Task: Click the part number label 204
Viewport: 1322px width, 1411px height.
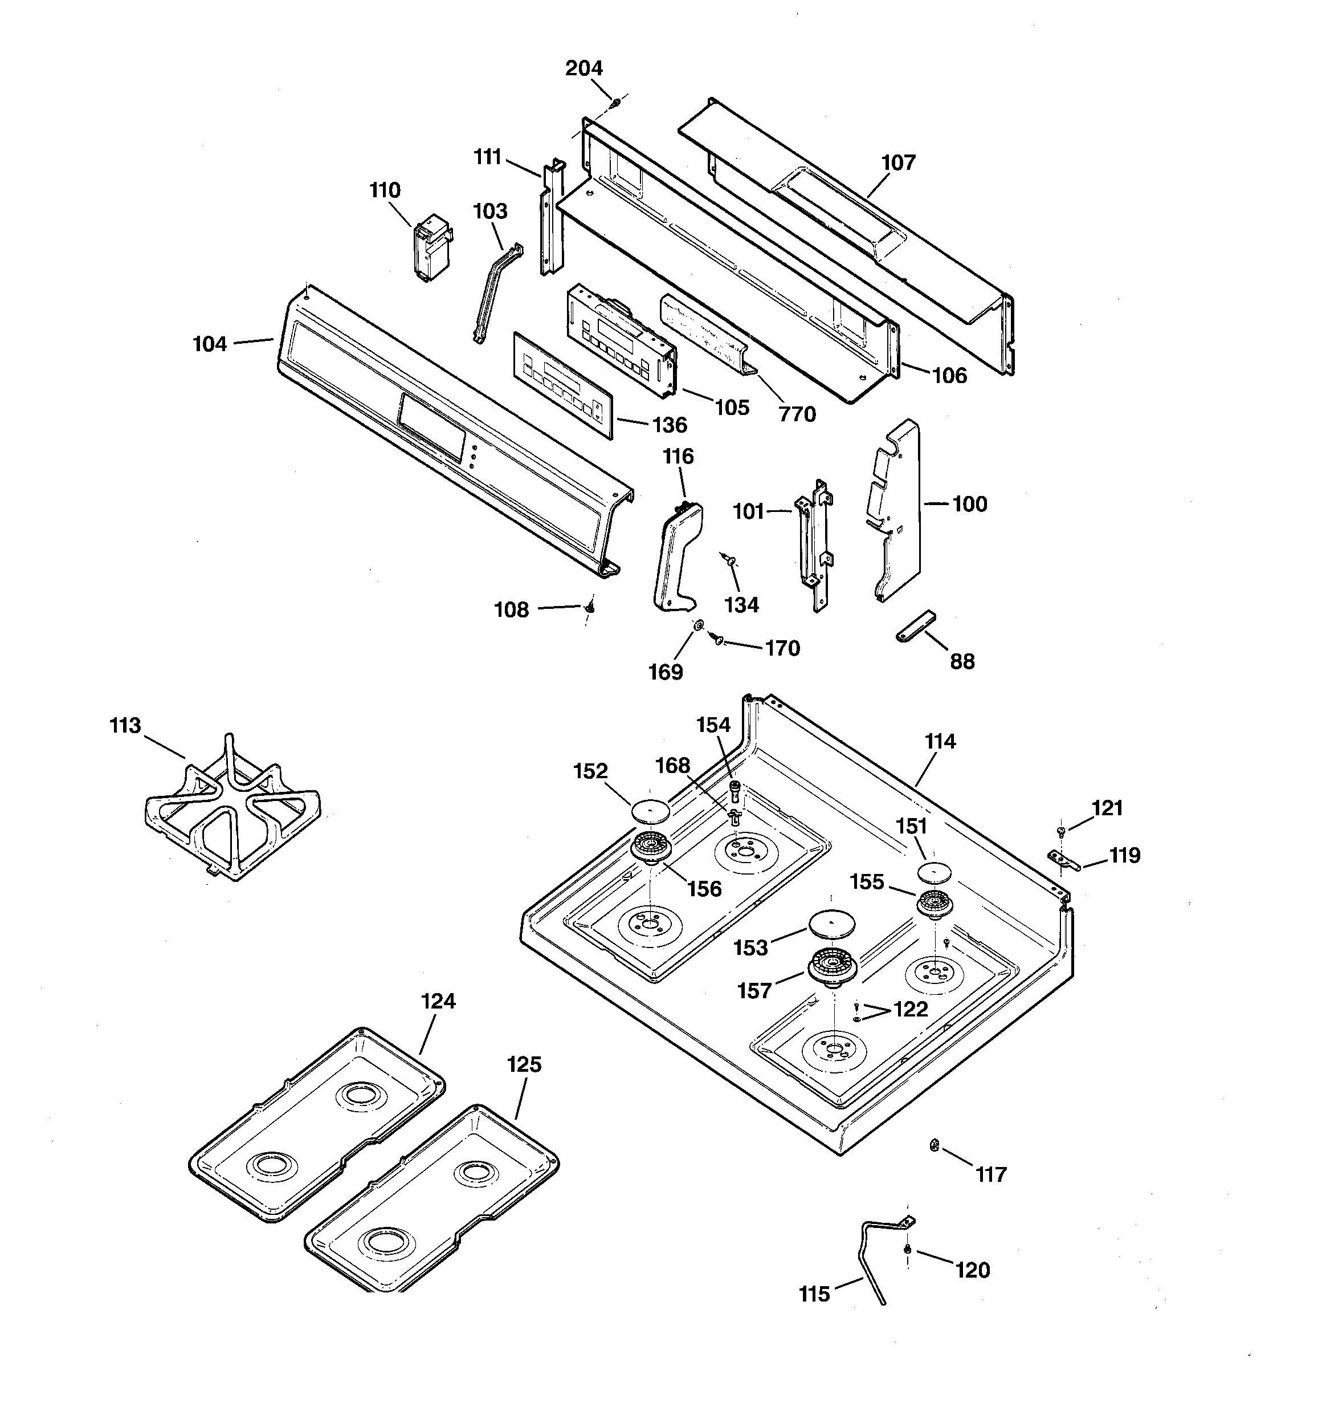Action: click(x=584, y=68)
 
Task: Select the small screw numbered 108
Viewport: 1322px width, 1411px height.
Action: click(x=589, y=608)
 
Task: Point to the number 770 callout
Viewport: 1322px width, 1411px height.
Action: click(x=797, y=414)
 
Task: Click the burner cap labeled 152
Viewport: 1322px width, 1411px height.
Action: click(x=650, y=810)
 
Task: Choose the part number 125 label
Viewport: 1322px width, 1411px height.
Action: click(x=524, y=1064)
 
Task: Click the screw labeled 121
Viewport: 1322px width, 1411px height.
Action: click(x=1062, y=831)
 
